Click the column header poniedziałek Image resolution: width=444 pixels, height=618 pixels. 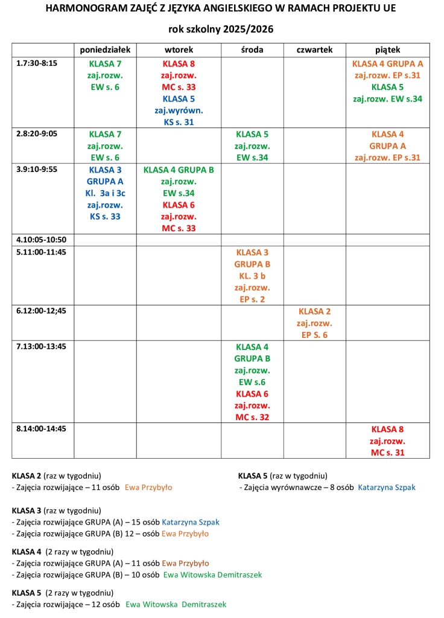pos(106,50)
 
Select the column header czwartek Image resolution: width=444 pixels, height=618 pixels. pos(314,50)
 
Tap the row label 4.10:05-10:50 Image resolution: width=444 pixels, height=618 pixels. pos(42,240)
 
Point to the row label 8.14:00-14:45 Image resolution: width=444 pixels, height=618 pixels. pos(42,428)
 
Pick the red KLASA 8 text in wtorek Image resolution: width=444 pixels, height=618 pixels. pos(179,63)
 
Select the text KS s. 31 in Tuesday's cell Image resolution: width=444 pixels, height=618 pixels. pos(179,122)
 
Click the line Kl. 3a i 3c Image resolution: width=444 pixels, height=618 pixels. pos(105,193)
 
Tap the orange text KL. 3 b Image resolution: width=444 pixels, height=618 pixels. pos(252,276)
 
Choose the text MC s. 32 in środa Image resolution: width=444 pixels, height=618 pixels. pos(252,417)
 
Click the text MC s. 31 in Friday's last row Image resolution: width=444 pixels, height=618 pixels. pos(387,452)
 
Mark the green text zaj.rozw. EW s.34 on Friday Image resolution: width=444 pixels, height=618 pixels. pos(387,99)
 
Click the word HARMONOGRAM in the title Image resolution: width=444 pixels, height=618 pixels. pos(82,9)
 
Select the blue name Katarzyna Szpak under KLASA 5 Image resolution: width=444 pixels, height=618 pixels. pos(387,487)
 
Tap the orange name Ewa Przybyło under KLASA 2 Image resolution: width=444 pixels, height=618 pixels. pos(148,487)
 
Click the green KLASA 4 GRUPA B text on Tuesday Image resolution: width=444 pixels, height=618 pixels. pos(179,170)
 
